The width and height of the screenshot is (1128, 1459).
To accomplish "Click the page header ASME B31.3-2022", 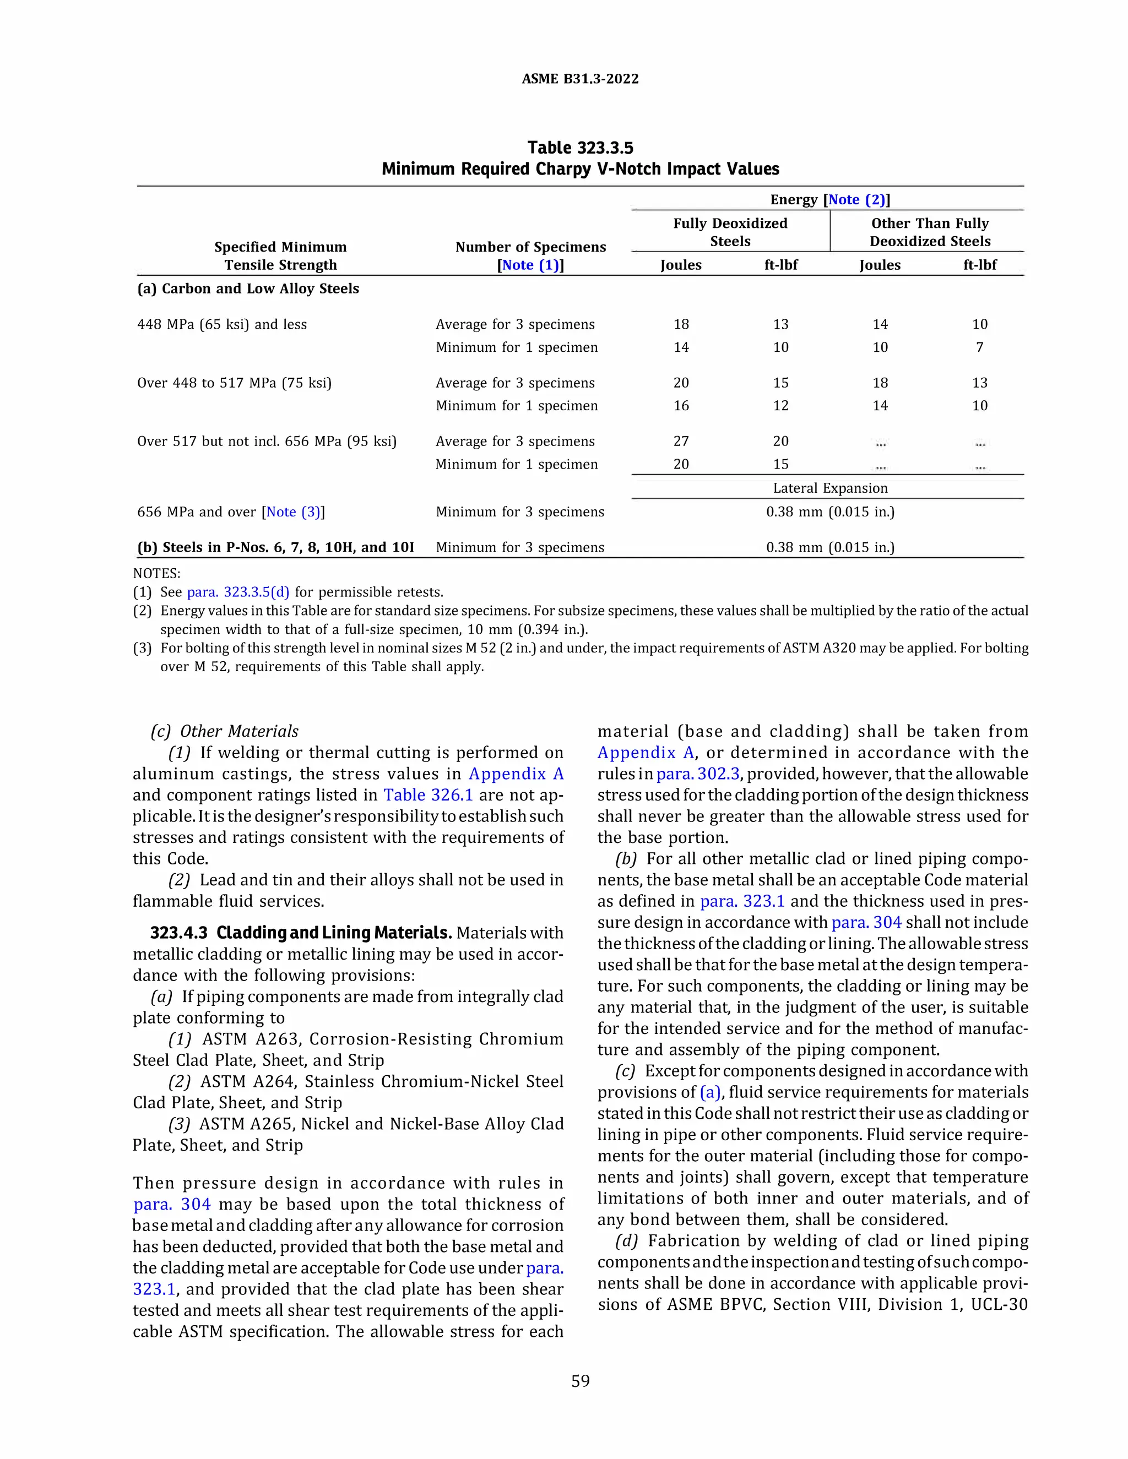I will pos(579,79).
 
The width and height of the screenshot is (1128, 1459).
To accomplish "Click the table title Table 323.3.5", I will pos(579,148).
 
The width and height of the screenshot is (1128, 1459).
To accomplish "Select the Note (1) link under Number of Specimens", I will pos(530,265).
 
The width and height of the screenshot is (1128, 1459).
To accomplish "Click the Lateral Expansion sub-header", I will pos(830,488).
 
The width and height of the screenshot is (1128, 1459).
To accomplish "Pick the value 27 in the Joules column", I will pos(681,442).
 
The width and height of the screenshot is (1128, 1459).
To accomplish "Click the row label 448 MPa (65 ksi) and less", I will pos(222,325).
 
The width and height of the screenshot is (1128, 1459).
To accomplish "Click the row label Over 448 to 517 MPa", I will pos(234,383).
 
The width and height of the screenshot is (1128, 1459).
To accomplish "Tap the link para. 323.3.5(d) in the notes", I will pos(238,592).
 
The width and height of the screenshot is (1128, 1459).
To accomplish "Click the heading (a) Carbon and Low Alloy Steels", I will pos(248,288).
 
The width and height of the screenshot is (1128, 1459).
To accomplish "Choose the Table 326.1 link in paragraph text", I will pos(427,795).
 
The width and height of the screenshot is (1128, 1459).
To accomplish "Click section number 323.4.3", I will pos(178,933).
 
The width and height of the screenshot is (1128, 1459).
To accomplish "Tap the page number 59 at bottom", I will pos(580,1381).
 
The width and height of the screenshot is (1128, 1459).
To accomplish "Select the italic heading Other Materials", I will pos(238,732).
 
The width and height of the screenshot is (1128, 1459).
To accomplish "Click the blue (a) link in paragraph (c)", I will pos(711,1092).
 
